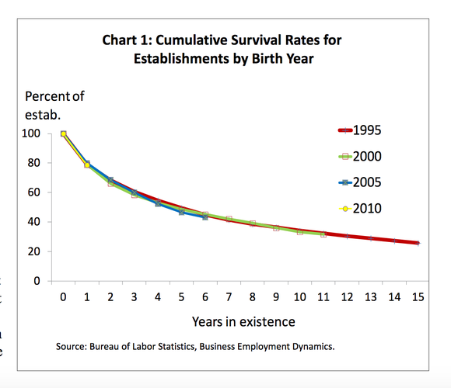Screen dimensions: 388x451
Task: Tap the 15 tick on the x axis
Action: (x=418, y=296)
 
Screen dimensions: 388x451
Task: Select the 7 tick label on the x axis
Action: (x=229, y=296)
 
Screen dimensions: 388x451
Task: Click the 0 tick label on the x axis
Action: (x=63, y=296)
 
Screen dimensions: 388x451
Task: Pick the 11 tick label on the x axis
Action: (x=323, y=296)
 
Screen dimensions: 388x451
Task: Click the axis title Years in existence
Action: (x=243, y=321)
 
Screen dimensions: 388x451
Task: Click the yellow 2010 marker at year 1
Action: (x=86, y=165)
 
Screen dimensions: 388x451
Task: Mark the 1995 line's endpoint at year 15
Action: (x=418, y=243)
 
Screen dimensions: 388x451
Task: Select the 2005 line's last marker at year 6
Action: (x=205, y=217)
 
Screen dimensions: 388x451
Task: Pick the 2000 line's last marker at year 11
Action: (x=323, y=234)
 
